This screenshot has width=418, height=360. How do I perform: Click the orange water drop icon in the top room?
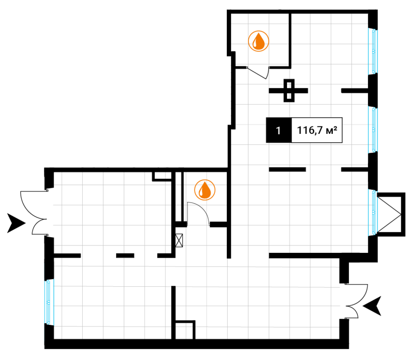258,41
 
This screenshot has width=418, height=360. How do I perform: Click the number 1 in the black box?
278,131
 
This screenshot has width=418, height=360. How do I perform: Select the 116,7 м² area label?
316,131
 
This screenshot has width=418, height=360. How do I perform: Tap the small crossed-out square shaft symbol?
178,241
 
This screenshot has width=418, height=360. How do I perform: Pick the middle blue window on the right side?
374,129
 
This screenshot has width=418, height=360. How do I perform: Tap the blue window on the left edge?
48,301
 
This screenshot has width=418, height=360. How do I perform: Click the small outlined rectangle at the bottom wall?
185,330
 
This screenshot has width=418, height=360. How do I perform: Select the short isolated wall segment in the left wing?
125,256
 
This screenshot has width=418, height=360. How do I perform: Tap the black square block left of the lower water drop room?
158,176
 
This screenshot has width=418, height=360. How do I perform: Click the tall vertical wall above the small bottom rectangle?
173,303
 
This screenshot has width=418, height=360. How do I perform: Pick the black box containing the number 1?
279,131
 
